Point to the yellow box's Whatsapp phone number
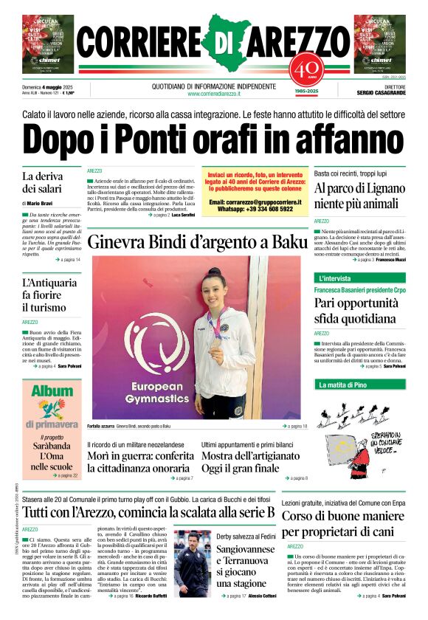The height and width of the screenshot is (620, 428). pyautogui.click(x=255, y=209)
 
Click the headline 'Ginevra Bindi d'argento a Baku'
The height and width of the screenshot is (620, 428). pyautogui.click(x=196, y=241)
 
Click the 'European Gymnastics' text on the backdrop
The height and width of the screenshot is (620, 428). pyautogui.click(x=151, y=392)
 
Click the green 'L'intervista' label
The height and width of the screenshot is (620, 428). pyautogui.click(x=335, y=278)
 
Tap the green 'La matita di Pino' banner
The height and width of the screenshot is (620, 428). pyautogui.click(x=342, y=385)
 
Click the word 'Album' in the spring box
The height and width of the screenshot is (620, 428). pyautogui.click(x=52, y=392)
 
